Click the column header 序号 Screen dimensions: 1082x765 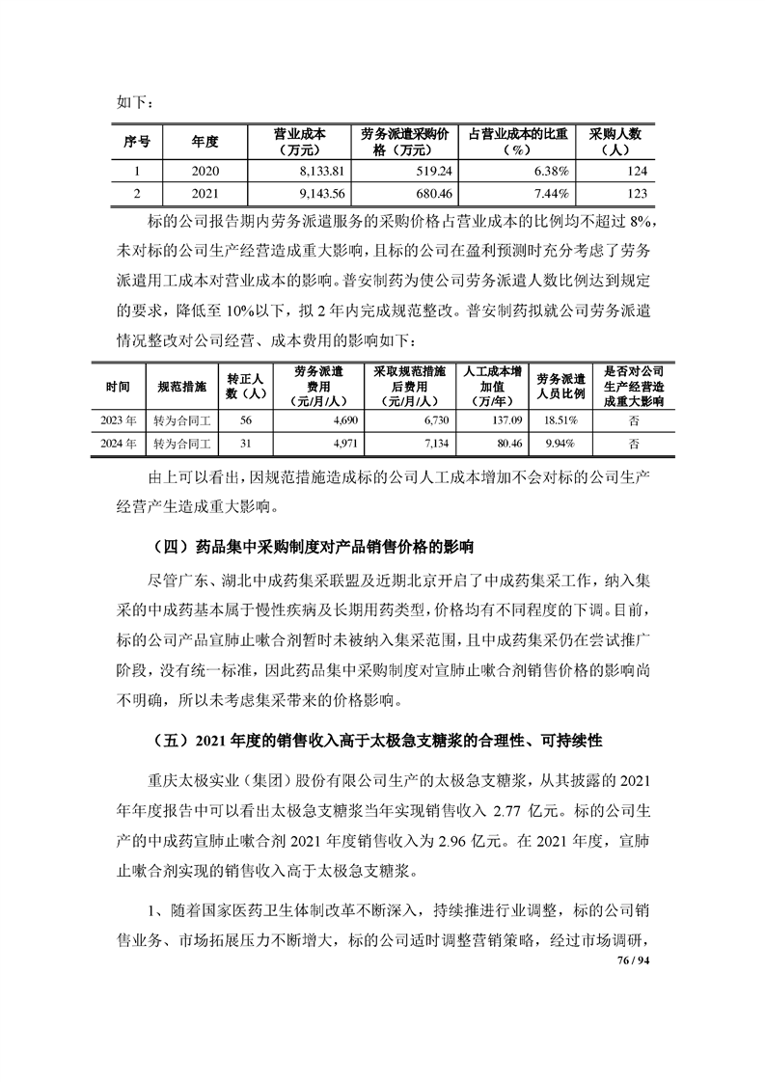point(136,142)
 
